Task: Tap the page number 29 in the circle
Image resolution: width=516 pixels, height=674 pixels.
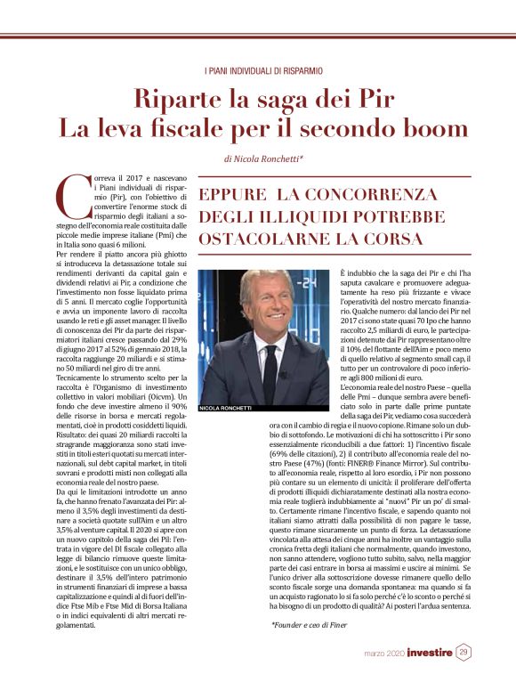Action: pos(464,653)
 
